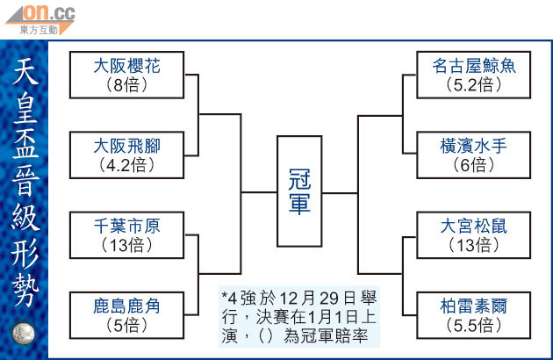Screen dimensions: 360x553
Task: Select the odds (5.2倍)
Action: (474, 85)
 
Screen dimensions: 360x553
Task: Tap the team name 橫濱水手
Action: (474, 144)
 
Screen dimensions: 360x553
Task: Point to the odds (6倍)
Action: (474, 164)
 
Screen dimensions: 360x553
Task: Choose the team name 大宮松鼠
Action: (474, 226)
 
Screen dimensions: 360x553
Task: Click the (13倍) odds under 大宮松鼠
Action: (474, 246)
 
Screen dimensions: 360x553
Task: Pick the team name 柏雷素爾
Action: (474, 306)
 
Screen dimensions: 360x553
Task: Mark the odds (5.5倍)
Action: (474, 327)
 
